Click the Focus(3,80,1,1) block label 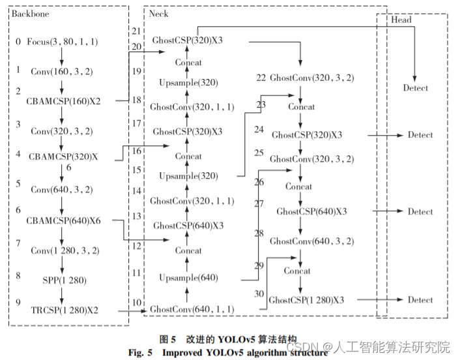tap(63, 42)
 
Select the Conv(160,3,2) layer tap(61, 72)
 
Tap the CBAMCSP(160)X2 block tap(64, 101)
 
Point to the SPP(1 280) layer tap(63, 280)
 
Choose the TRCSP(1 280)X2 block tap(64, 310)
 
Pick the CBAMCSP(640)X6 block tap(64, 220)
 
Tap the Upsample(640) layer tap(188, 278)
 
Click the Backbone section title tap(30, 13)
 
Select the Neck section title tap(159, 13)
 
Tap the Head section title tap(401, 20)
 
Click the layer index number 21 tap(136, 31)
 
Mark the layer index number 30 tap(259, 294)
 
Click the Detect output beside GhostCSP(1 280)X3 tap(420, 300)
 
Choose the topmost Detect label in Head tap(416, 88)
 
